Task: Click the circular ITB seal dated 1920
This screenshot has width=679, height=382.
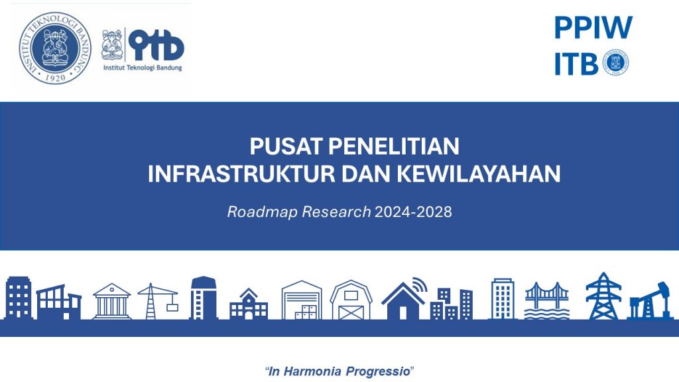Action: pyautogui.click(x=55, y=48)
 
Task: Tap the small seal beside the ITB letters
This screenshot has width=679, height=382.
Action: pyautogui.click(x=615, y=62)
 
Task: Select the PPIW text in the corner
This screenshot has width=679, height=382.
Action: pyautogui.click(x=593, y=28)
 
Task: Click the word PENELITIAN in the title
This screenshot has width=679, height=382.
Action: pyautogui.click(x=394, y=146)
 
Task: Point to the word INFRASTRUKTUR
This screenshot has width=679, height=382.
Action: pyautogui.click(x=241, y=174)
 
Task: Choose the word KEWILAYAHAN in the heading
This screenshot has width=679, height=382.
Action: pyautogui.click(x=479, y=174)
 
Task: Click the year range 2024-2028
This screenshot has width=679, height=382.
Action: pyautogui.click(x=413, y=212)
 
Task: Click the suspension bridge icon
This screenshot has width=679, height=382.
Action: pyautogui.click(x=547, y=300)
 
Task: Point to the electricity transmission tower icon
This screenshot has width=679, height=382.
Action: pyautogui.click(x=603, y=296)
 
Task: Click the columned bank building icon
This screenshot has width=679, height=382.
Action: pyautogui.click(x=111, y=302)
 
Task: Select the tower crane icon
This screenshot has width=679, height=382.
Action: pyautogui.click(x=158, y=301)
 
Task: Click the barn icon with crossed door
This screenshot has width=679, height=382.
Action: pyautogui.click(x=351, y=300)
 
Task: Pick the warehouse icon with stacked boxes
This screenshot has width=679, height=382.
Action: pyautogui.click(x=302, y=300)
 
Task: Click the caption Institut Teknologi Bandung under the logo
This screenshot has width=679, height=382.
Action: pyautogui.click(x=143, y=68)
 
